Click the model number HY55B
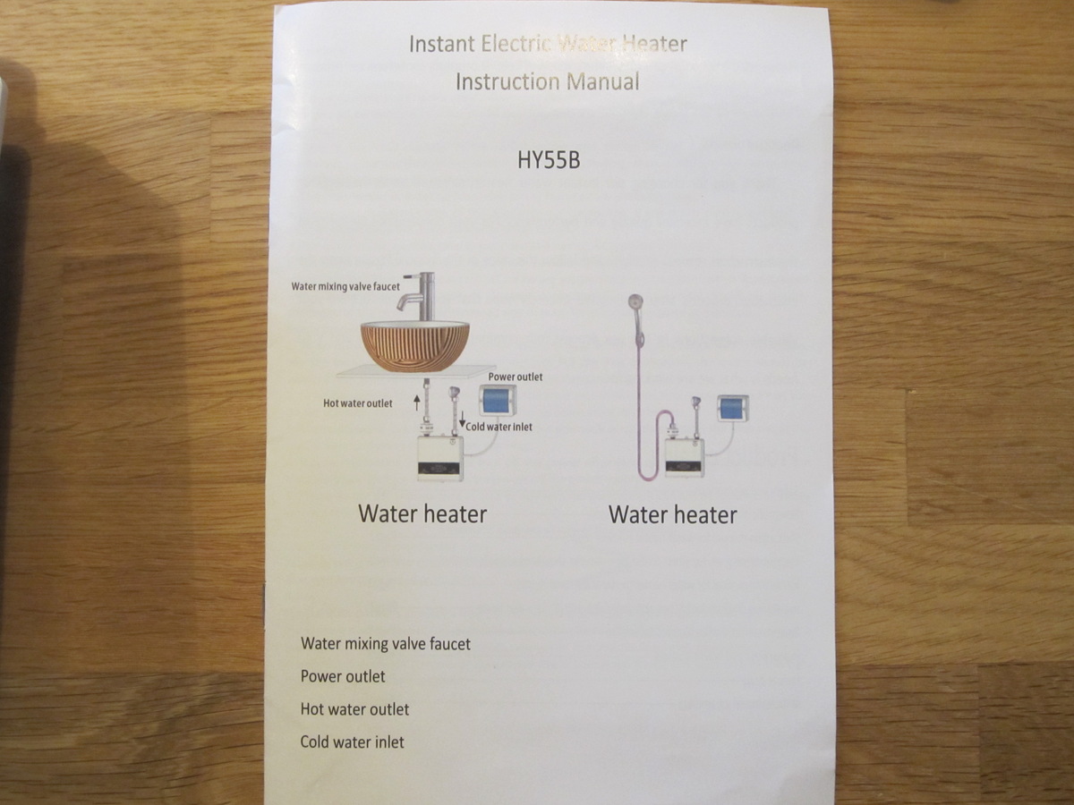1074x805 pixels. (549, 160)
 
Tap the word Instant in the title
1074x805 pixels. (442, 44)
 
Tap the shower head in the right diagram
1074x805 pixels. (635, 302)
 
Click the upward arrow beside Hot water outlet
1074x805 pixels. (417, 402)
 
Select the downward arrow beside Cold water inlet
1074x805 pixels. (462, 419)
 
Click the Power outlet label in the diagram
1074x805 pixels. (516, 377)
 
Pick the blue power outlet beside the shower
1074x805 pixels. (732, 409)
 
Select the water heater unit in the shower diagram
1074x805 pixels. (684, 457)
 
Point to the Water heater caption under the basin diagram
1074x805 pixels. (422, 514)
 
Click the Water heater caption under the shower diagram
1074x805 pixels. (673, 515)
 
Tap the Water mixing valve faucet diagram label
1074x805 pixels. (345, 287)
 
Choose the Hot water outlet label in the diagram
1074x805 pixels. (358, 403)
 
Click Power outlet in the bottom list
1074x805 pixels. (343, 676)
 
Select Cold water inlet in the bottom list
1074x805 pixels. (353, 742)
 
